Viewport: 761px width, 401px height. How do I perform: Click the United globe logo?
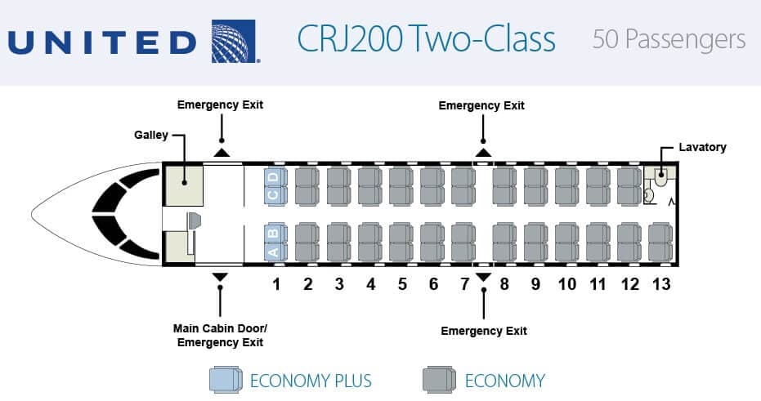235,40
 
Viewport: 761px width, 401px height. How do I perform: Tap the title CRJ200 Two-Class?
426,39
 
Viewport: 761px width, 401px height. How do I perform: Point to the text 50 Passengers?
669,39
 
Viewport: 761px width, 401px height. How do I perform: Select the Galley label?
151,134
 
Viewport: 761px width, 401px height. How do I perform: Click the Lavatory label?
702,147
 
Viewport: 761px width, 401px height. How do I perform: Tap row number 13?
660,284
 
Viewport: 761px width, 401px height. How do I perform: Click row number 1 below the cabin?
276,284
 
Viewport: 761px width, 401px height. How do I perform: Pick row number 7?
464,284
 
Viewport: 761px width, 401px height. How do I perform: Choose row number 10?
566,284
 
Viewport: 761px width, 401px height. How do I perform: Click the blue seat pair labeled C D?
274,186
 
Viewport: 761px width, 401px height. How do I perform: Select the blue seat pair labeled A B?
274,241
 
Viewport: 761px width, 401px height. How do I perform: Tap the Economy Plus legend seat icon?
226,379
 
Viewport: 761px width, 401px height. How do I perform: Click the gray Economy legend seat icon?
440,379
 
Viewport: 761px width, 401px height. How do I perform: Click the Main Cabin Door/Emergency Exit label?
220,336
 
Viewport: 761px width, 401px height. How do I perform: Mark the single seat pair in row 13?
660,241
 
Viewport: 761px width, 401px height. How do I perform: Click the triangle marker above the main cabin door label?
220,277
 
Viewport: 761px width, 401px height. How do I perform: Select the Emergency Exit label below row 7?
484,331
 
